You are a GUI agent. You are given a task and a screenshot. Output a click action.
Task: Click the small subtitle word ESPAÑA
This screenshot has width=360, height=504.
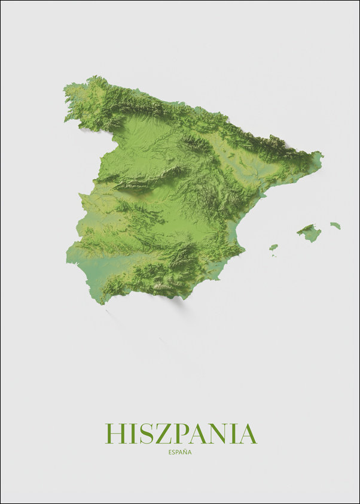pyautogui.click(x=180, y=453)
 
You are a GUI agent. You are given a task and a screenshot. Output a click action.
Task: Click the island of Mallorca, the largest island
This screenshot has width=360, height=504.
pyautogui.click(x=309, y=232)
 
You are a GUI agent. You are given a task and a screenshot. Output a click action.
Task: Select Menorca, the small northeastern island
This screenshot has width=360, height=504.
pyautogui.click(x=335, y=226)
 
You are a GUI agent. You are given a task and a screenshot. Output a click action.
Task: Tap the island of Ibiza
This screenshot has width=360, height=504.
pyautogui.click(x=273, y=247)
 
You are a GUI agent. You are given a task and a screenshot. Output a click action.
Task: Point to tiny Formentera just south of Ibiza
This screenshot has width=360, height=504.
pyautogui.click(x=274, y=256)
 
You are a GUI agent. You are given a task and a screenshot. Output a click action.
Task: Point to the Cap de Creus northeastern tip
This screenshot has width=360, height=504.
pyautogui.click(x=322, y=156)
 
